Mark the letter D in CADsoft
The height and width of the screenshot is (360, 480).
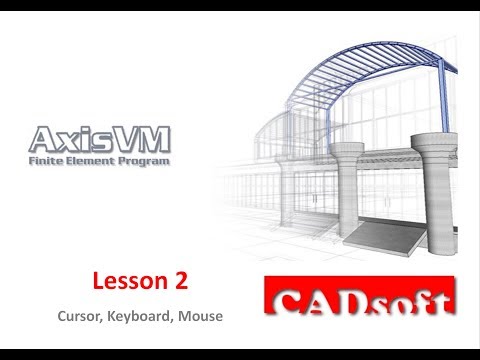coord(357,303)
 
